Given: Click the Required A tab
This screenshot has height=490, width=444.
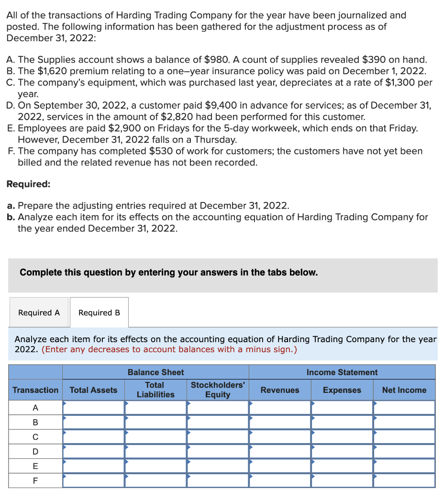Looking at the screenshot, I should pyautogui.click(x=39, y=312).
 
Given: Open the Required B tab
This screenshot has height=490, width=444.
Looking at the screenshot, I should pyautogui.click(x=99, y=312).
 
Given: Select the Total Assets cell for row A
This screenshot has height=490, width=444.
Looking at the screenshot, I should pyautogui.click(x=93, y=408).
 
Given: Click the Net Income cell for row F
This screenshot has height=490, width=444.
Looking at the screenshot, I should pyautogui.click(x=404, y=480).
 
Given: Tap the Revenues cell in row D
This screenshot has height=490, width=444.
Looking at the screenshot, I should pyautogui.click(x=280, y=451).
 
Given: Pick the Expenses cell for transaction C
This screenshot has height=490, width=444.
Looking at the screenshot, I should pyautogui.click(x=342, y=437).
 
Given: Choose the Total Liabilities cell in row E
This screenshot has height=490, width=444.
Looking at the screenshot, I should pyautogui.click(x=155, y=466).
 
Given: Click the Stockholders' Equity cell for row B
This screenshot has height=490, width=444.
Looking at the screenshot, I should pyautogui.click(x=218, y=423).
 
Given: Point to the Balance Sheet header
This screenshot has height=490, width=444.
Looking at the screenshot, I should pyautogui.click(x=155, y=372).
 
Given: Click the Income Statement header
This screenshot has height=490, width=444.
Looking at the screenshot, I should pyautogui.click(x=342, y=372).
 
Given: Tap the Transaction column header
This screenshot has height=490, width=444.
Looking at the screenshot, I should pyautogui.click(x=35, y=390).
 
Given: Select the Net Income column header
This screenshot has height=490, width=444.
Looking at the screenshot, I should pyautogui.click(x=404, y=390).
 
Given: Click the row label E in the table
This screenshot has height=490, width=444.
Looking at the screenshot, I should pyautogui.click(x=35, y=466).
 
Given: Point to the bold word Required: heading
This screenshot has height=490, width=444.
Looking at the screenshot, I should pyautogui.click(x=28, y=184).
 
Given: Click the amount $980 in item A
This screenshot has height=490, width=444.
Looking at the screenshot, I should pyautogui.click(x=215, y=60).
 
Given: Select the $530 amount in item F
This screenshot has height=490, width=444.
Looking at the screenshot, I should pyautogui.click(x=159, y=151).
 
